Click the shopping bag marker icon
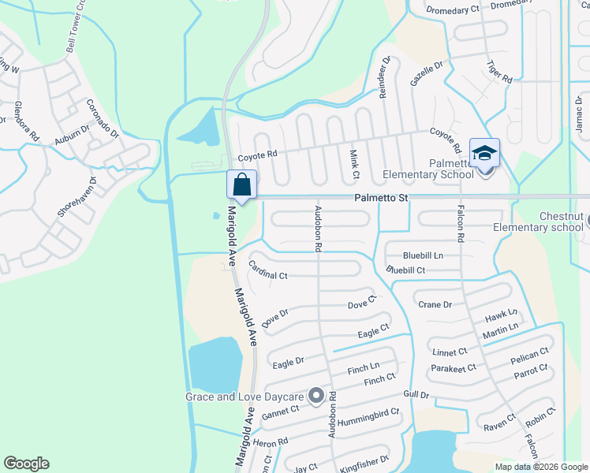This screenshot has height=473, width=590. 242,185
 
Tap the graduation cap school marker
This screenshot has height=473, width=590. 484,153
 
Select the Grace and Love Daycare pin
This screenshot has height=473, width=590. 316,396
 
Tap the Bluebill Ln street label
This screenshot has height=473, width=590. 424,256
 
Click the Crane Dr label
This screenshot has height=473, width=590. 435,305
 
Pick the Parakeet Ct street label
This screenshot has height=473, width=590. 454,367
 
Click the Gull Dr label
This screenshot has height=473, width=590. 414,394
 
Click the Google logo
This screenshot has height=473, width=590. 26,464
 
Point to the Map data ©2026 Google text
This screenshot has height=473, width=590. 540,467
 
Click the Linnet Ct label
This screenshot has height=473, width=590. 450,351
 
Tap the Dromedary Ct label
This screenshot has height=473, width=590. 453,9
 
